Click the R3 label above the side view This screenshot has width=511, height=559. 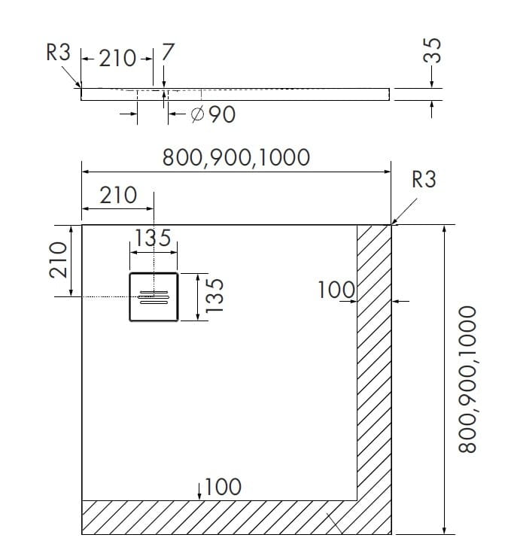point(57,53)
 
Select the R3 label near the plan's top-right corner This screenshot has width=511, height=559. point(424,180)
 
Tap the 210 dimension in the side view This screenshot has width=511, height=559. point(117,58)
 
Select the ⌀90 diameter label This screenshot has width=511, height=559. point(214,115)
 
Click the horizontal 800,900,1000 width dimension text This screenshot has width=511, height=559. point(236,157)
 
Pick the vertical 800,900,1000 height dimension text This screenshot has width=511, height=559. point(468,378)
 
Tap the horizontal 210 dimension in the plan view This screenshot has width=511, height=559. point(118,196)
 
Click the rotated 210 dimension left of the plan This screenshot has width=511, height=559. point(59,260)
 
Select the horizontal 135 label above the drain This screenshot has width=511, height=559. point(153,238)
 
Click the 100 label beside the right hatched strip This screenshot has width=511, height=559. point(336,290)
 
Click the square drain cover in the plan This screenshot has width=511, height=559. point(154,297)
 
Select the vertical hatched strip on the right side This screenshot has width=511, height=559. point(373,361)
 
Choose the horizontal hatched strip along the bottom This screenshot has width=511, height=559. point(218,517)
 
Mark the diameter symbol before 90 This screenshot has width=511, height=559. point(198,115)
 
